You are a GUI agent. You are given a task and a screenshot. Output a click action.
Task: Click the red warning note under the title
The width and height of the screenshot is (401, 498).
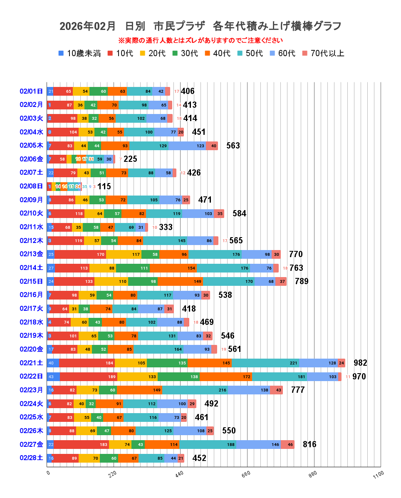[x=200, y=41]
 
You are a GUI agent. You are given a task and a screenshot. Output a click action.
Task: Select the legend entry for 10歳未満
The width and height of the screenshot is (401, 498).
[x=80, y=54]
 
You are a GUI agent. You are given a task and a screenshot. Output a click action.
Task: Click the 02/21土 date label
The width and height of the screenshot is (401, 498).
[x=31, y=363]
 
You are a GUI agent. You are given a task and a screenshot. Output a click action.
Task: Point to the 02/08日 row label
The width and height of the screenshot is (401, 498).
[x=31, y=186]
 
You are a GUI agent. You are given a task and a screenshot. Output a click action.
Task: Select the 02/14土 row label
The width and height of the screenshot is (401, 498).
[x=31, y=268]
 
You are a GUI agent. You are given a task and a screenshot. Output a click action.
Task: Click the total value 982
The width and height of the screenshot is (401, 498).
[x=360, y=363]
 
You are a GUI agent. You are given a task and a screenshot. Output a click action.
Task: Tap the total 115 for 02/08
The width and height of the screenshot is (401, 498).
[x=104, y=186]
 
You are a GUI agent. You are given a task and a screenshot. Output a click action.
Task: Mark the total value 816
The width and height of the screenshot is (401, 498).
[x=309, y=444]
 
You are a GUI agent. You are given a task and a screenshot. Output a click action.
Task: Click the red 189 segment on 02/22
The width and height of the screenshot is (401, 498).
[x=89, y=377]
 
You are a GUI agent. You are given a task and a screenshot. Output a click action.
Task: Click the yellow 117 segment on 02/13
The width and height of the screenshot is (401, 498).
[x=124, y=254]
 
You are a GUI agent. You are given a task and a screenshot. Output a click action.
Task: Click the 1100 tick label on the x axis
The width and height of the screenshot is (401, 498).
[x=379, y=474]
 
